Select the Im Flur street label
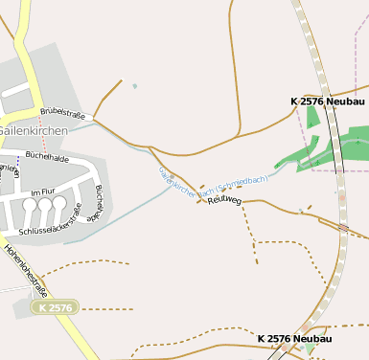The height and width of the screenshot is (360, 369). click(44, 192)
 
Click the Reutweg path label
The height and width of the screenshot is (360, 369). click(223, 201)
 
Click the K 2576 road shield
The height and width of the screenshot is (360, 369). click(54, 307)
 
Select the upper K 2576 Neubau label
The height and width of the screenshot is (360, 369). click(327, 101)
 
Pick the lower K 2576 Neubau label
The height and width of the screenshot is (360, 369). click(294, 339)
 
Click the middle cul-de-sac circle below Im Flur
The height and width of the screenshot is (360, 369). click(44, 205)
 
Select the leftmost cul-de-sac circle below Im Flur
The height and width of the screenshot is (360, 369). click(30, 205)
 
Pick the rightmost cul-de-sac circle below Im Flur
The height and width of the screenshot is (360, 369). click(59, 204)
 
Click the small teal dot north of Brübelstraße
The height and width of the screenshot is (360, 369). click(134, 87)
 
